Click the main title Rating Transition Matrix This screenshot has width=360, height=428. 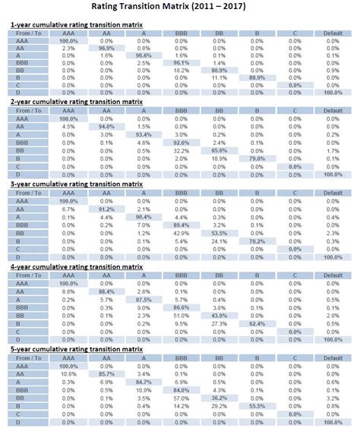pyautogui.click(x=180, y=8)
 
